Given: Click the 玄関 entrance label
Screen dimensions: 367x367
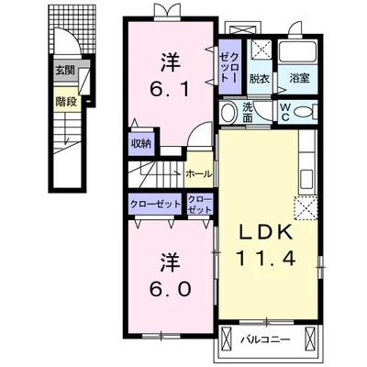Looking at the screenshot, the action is coord(64,71).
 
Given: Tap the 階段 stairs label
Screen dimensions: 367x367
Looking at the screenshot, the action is coord(66,102).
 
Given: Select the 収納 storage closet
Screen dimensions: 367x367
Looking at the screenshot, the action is coord(141,144).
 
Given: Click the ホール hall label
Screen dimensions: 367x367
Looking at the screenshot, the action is coord(199,174).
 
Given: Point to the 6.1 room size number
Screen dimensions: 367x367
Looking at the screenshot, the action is coord(169,90).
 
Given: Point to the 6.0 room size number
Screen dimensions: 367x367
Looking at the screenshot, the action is coord(170,289).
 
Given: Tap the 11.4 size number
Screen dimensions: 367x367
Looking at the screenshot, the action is coord(266,259).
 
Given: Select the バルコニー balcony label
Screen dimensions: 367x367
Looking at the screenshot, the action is coord(265,340).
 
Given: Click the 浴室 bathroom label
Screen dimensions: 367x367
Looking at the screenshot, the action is coord(299,79).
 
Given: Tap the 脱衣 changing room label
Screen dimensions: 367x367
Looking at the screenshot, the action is coord(260,79).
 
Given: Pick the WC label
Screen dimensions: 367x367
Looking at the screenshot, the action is coord(284,112).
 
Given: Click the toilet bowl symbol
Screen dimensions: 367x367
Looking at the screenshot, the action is coord(304,111).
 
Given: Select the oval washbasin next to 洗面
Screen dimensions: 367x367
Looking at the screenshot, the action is coord(228,113).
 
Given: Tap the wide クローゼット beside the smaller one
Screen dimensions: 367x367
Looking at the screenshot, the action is coord(155,204).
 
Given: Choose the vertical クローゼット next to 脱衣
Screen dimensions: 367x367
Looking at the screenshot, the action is coord(229,67).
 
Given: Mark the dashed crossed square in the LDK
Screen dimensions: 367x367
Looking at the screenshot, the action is coord(306,208).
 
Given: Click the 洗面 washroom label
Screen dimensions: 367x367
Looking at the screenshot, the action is coord(248,112).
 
